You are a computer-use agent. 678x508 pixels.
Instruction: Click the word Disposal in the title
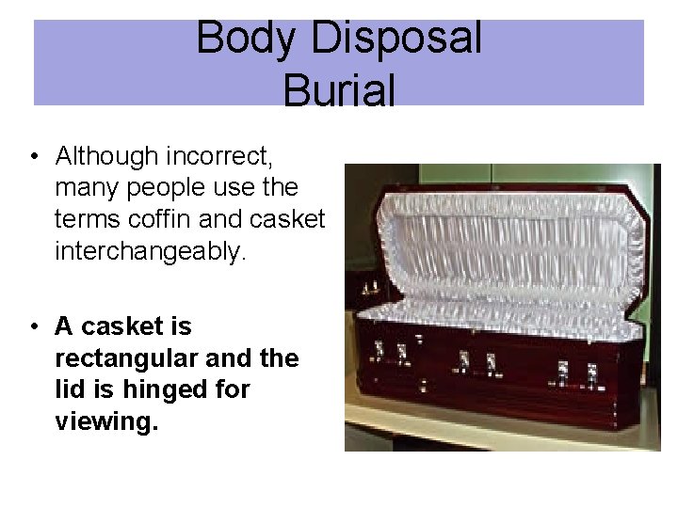click(x=395, y=39)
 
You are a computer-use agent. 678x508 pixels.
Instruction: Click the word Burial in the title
click(x=339, y=90)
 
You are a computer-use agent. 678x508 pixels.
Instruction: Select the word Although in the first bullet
click(x=105, y=154)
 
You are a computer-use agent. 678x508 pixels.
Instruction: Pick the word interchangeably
click(x=150, y=251)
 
